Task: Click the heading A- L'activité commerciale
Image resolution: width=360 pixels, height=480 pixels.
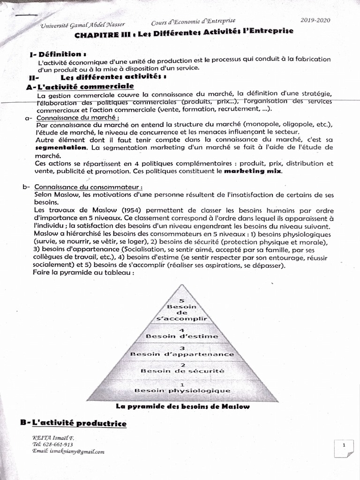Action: [x=80, y=87]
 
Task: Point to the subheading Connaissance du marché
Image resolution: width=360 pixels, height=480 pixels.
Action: [x=77, y=118]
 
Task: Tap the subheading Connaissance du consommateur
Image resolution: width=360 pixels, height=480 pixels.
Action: [x=88, y=187]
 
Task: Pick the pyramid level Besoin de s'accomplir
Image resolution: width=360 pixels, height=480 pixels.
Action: [x=181, y=312]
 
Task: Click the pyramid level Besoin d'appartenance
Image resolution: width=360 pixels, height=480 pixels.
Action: [x=182, y=354]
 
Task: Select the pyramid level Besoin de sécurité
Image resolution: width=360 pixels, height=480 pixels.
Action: [x=182, y=370]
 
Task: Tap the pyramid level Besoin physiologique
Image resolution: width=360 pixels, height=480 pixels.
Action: [x=182, y=390]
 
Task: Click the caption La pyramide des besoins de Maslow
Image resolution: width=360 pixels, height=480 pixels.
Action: [x=182, y=406]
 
